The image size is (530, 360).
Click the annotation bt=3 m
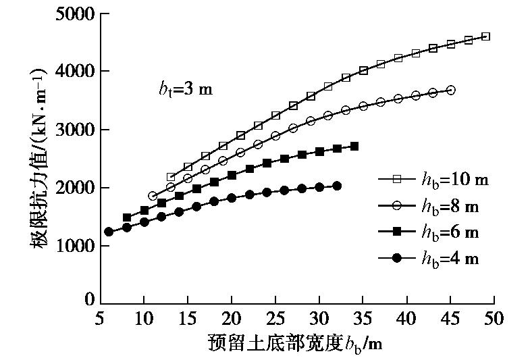pos(180,89)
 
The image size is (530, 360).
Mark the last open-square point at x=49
pos(486,36)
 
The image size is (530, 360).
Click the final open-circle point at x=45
pos(451,90)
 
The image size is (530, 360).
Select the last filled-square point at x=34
pos(354,146)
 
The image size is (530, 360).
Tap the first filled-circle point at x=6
pos(109,232)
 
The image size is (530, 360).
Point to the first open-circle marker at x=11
pos(153,196)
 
